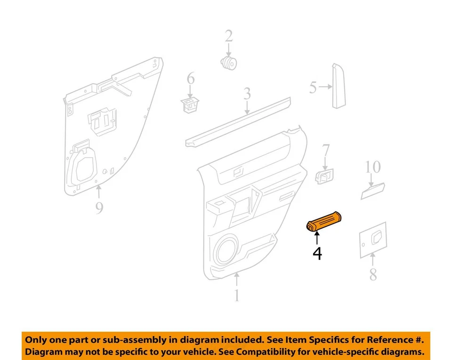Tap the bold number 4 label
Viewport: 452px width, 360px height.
[x=317, y=254]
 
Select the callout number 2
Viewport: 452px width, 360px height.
[x=228, y=36]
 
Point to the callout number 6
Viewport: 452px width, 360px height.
[x=190, y=79]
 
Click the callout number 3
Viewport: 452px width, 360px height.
[x=247, y=94]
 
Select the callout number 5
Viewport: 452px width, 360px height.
[x=313, y=88]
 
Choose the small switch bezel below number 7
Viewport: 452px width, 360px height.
[x=324, y=177]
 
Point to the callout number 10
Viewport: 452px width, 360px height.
[x=372, y=167]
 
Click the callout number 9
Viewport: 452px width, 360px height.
[x=99, y=207]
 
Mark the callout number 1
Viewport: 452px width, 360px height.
[x=236, y=296]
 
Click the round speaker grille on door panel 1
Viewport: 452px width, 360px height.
[x=228, y=249]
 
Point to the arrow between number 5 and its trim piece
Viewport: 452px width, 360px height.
[x=325, y=87]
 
